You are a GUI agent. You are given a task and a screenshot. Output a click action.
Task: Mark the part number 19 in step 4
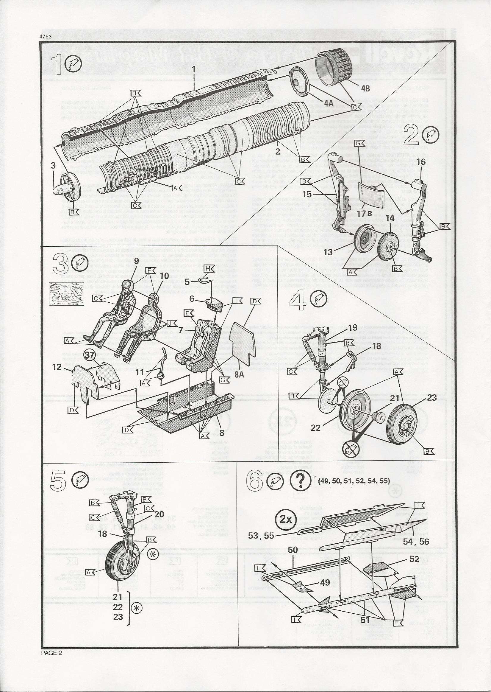click(353, 327)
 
